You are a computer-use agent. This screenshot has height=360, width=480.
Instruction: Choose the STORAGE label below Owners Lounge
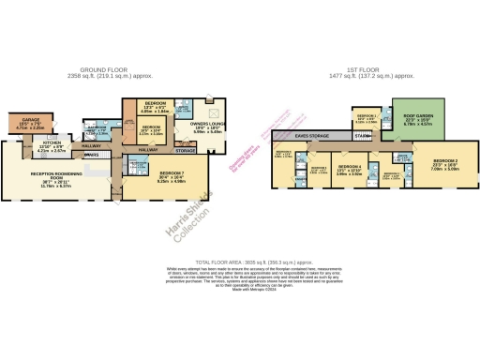pos(186,149)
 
